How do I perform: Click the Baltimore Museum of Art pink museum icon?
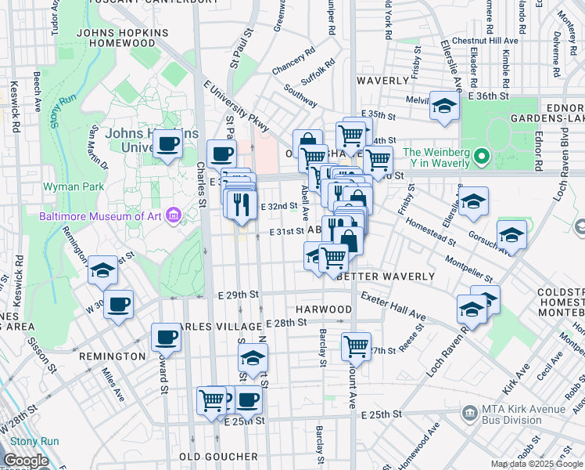coord(174,215)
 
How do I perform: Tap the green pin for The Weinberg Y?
coord(483,157)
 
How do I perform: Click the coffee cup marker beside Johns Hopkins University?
coord(167,145)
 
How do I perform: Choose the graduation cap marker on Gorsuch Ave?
coord(511,235)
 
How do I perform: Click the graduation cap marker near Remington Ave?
coord(102,271)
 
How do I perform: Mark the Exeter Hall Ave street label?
coord(393,307)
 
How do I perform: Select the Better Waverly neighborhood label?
coord(383,277)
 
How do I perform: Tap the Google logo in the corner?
coord(26,461)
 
